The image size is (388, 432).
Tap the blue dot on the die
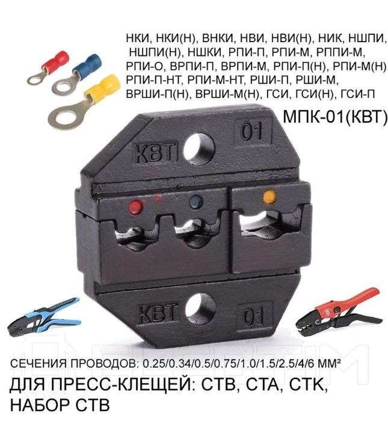coord(196,202)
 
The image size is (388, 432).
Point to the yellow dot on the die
coord(269,196)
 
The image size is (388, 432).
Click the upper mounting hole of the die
coord(199,149)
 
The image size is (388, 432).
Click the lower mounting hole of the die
coord(200,309)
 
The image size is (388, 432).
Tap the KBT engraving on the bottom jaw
coord(157,313)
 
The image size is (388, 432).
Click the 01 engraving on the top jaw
coord(252,131)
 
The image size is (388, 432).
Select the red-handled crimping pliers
coord(339,313)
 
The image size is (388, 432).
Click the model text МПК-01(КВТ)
coord(335,116)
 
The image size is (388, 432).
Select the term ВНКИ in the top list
coord(218,39)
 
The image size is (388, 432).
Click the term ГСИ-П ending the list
coord(358,94)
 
